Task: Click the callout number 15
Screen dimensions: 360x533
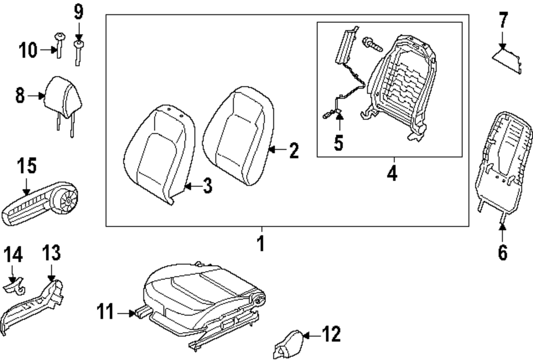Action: (26, 166)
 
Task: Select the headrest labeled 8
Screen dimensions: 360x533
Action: (64, 96)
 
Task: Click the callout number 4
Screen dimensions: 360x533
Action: (392, 173)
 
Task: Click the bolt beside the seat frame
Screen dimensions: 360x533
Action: (372, 44)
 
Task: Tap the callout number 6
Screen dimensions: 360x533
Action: (503, 252)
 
